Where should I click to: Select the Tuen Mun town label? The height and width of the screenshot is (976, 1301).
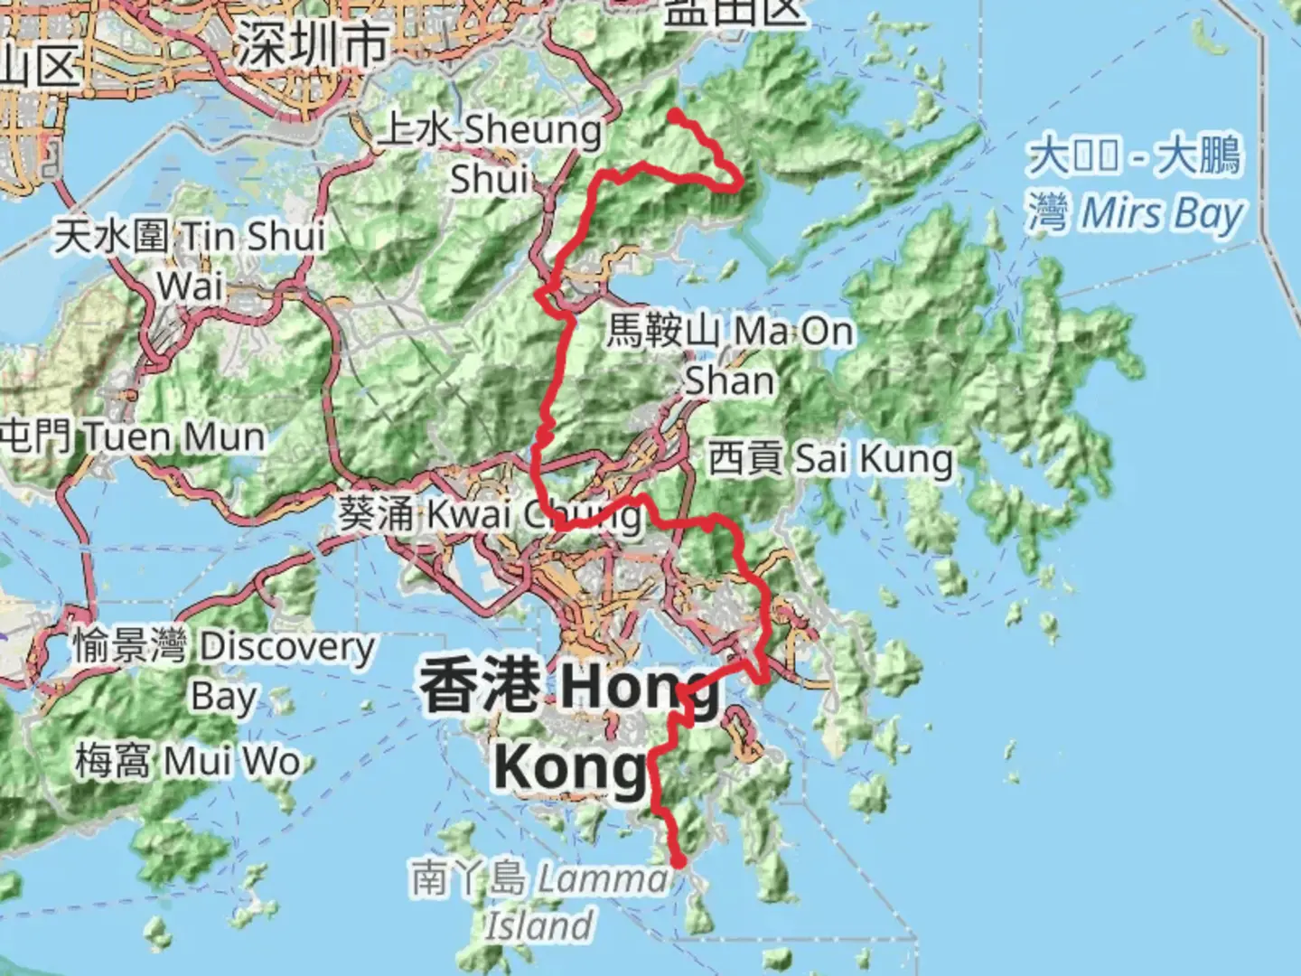click(x=133, y=437)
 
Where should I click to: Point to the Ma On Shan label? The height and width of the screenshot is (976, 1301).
click(x=730, y=355)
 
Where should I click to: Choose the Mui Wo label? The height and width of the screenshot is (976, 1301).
click(x=187, y=761)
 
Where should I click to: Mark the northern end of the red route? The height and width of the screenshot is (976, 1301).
click(x=674, y=114)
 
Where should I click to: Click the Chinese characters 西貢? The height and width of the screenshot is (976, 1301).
click(x=745, y=458)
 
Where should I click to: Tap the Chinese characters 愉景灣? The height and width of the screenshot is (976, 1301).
click(x=129, y=647)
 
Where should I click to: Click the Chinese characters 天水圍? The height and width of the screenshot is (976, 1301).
click(x=111, y=237)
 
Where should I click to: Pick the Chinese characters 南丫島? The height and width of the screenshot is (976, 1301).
click(x=468, y=877)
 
